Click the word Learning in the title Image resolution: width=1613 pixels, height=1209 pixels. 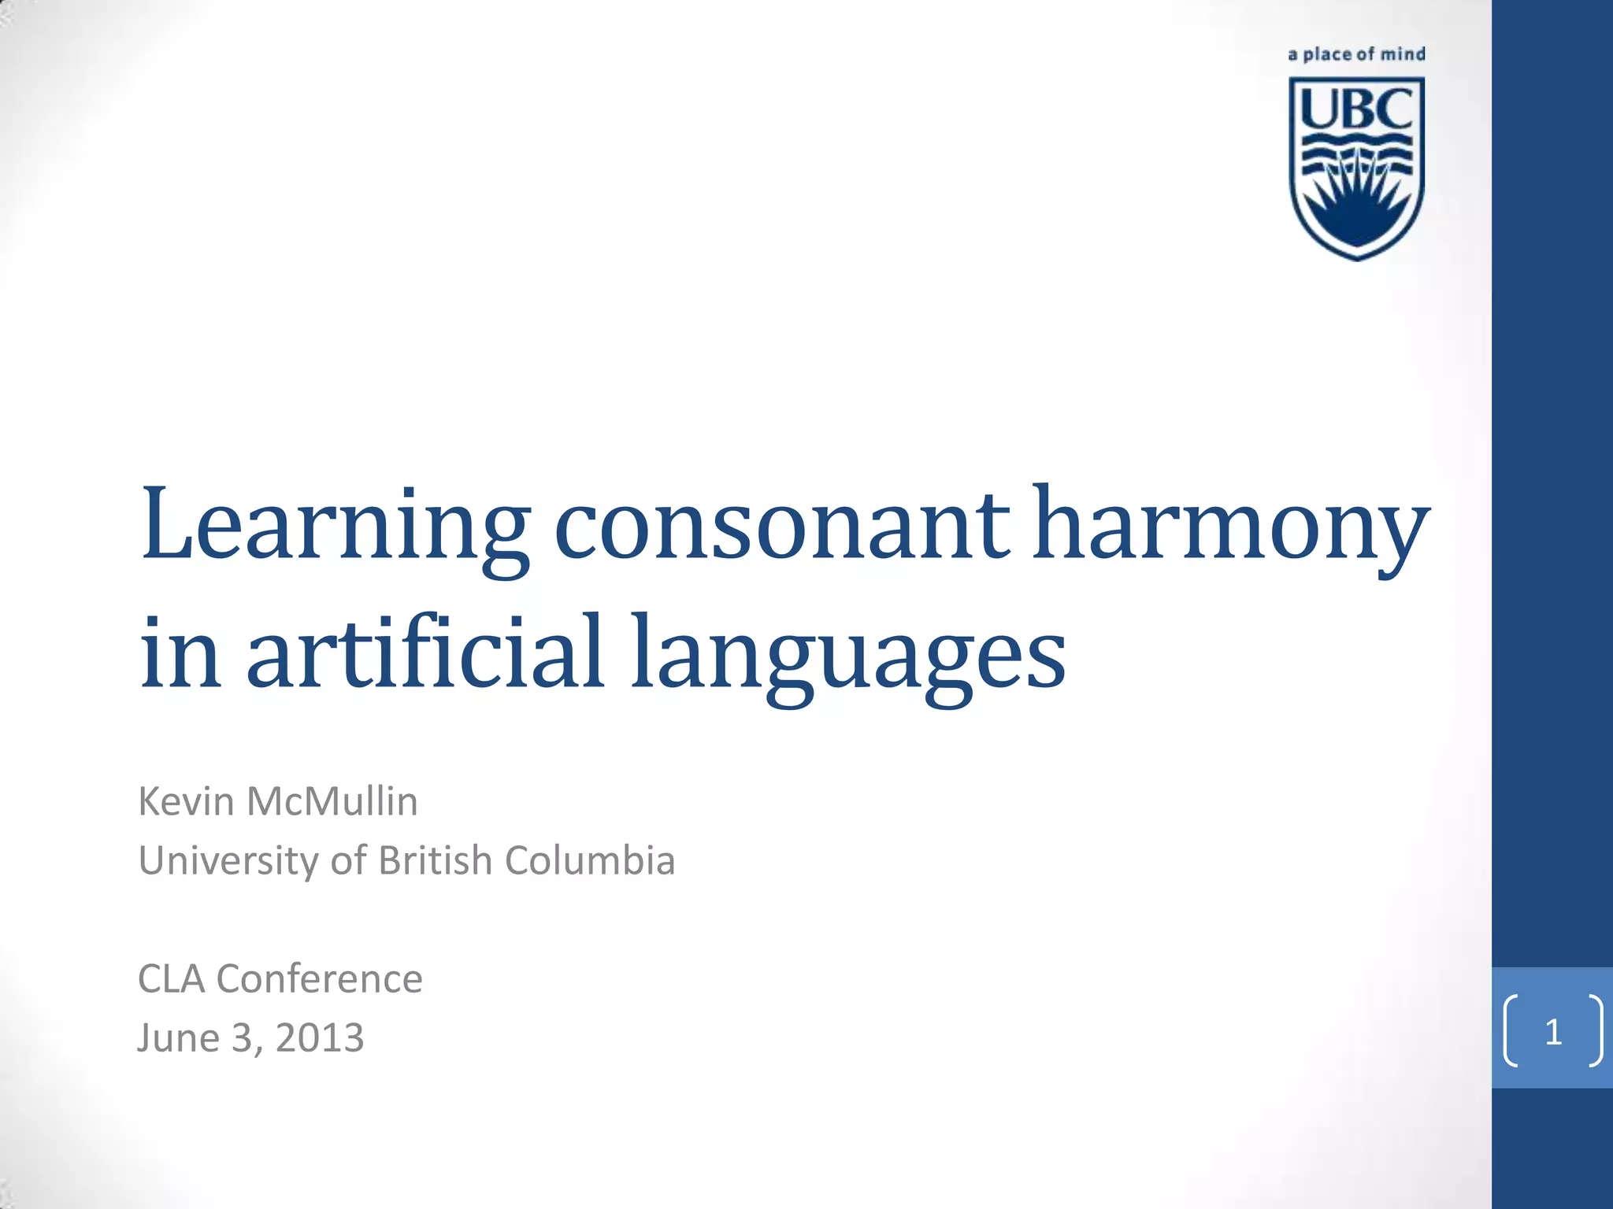click(336, 526)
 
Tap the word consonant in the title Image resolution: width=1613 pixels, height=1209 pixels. click(781, 526)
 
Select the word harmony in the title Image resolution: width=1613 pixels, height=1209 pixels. click(1230, 526)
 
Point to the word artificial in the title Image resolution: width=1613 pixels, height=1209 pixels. click(425, 653)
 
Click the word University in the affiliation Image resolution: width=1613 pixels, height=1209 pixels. click(228, 860)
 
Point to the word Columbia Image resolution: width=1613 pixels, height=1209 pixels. click(590, 860)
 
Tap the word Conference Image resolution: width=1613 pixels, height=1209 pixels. click(320, 979)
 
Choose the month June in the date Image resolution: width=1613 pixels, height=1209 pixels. click(178, 1038)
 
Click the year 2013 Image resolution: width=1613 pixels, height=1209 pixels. click(320, 1038)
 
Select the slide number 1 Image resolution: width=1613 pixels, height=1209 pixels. click(1553, 1031)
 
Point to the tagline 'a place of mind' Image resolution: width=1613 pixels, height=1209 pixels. click(1356, 54)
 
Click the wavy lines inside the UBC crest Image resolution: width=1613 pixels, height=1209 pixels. click(1356, 153)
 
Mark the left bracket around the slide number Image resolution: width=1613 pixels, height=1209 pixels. click(1511, 1031)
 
